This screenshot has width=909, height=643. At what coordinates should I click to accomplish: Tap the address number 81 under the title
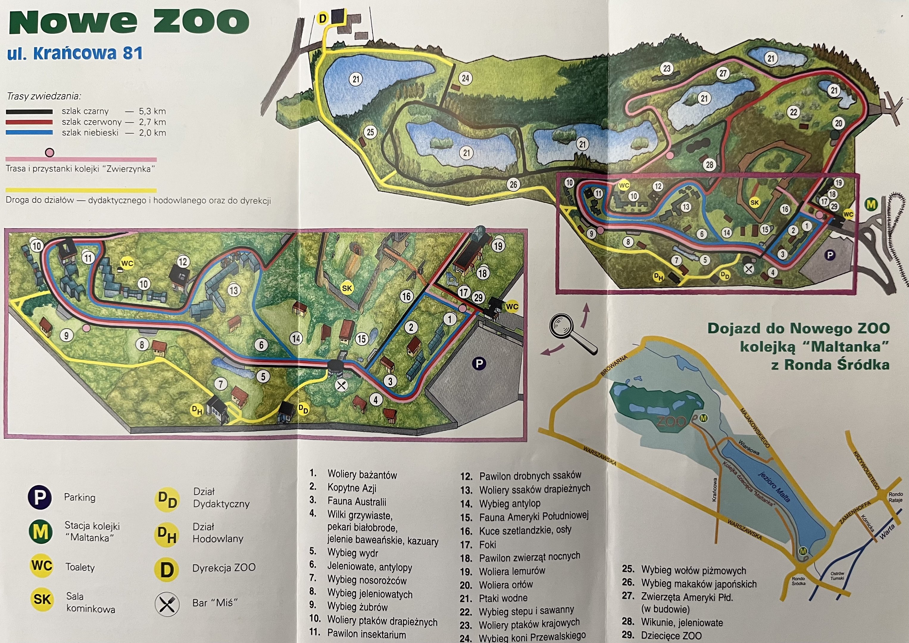(x=132, y=53)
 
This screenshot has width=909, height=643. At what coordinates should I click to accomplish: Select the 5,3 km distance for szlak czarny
(x=152, y=111)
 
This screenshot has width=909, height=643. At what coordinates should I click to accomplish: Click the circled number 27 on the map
(x=723, y=73)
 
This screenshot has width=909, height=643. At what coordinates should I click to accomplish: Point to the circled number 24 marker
(x=466, y=78)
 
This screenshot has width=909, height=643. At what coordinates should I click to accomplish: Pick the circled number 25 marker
(x=371, y=132)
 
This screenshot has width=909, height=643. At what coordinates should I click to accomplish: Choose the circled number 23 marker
(x=667, y=68)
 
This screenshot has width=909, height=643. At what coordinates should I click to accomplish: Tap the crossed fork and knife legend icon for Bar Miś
(x=167, y=603)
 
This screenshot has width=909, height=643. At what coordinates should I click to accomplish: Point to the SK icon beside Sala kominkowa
(x=42, y=599)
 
